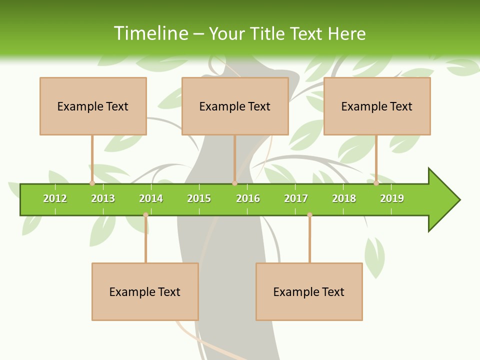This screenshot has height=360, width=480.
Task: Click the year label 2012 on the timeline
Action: (x=55, y=198)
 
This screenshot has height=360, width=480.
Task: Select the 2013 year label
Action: (x=103, y=198)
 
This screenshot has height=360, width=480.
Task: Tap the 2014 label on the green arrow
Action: (x=151, y=198)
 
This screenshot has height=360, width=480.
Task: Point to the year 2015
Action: (x=199, y=198)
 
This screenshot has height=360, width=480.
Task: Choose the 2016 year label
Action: (x=248, y=198)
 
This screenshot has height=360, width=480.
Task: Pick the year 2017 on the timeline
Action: (x=296, y=198)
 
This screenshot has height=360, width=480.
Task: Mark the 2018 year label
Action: (x=344, y=198)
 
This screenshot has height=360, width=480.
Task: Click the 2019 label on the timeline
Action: (x=392, y=198)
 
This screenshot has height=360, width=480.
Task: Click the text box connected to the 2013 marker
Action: (x=93, y=106)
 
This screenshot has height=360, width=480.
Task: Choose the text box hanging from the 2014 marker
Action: (x=145, y=291)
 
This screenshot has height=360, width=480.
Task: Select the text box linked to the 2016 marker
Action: (x=235, y=106)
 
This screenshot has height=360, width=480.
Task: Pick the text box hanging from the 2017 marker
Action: (x=309, y=291)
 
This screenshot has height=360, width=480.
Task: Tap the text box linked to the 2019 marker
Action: (x=377, y=106)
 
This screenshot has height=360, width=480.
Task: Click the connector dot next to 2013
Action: (x=92, y=183)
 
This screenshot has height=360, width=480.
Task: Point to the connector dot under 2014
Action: (x=145, y=214)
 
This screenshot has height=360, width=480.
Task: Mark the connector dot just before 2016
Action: (x=234, y=183)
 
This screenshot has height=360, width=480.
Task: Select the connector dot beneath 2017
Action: (x=309, y=214)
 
